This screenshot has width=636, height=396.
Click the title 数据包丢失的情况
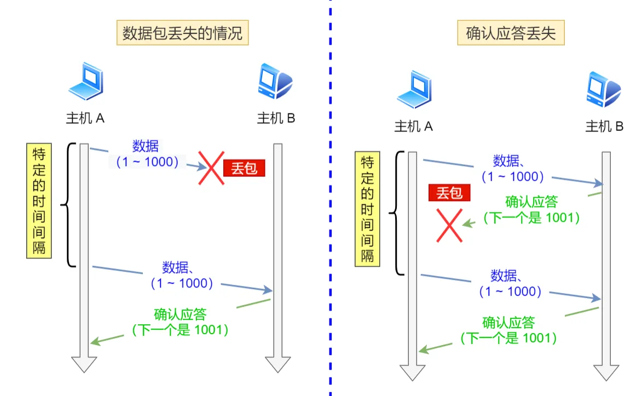coord(182,33)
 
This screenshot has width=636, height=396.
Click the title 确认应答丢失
coord(511,33)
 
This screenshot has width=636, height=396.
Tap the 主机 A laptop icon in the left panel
coord(86,81)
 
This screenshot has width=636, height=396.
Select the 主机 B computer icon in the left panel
coord(275,81)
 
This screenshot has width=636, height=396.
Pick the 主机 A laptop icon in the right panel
coord(414,89)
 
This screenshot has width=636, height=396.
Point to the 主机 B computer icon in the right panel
coord(604,89)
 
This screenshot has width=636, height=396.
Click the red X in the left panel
coord(211,168)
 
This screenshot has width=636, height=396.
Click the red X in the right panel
coord(449,226)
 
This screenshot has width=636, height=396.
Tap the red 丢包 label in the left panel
coord(244,168)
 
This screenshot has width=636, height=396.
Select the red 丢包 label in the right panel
coord(449,193)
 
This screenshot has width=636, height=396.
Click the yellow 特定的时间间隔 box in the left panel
coord(39,201)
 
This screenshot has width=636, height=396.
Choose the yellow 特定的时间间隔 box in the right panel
coord(367,209)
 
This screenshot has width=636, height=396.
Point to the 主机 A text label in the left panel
coord(85,118)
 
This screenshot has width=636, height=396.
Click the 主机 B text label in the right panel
coord(604,126)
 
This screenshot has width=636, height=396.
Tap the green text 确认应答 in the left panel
coord(181,314)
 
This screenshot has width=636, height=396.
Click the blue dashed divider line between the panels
coord(331,198)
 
